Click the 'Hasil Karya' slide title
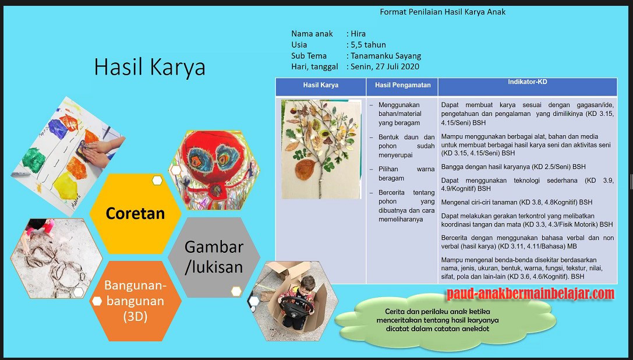(150, 68)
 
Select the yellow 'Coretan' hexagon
(135, 213)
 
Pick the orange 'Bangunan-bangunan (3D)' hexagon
(136, 301)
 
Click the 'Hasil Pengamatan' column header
(402, 85)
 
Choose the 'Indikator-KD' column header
(526, 82)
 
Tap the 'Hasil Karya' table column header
(320, 85)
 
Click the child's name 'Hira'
(358, 34)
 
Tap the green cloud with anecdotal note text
(443, 322)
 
